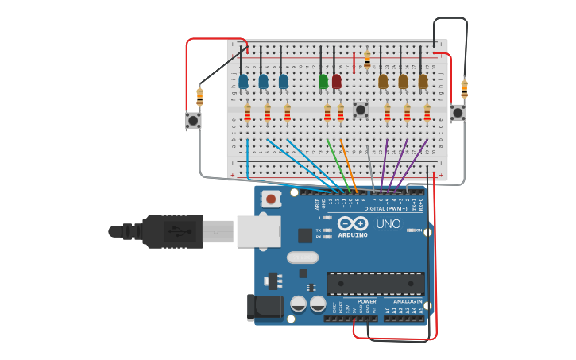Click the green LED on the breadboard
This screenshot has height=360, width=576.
click(x=323, y=81)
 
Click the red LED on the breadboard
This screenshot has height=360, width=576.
click(x=337, y=81)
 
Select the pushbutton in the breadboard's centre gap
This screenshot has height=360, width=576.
click(x=361, y=110)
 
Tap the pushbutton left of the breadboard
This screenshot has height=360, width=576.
click(x=193, y=120)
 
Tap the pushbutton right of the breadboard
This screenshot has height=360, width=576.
click(x=458, y=113)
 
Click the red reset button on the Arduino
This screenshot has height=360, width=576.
click(x=271, y=199)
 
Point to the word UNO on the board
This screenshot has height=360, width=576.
click(x=388, y=223)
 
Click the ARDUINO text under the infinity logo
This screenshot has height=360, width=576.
click(x=353, y=235)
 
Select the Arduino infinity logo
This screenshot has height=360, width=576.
click(x=353, y=223)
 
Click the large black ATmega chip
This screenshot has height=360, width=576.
click(x=375, y=284)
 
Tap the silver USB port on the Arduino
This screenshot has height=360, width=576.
click(x=254, y=231)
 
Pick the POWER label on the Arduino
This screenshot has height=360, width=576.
click(x=366, y=302)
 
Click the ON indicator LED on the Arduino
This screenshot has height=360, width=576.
click(x=411, y=230)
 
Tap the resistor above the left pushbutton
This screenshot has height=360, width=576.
click(x=199, y=96)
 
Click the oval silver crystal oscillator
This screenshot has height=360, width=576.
click(x=303, y=257)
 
